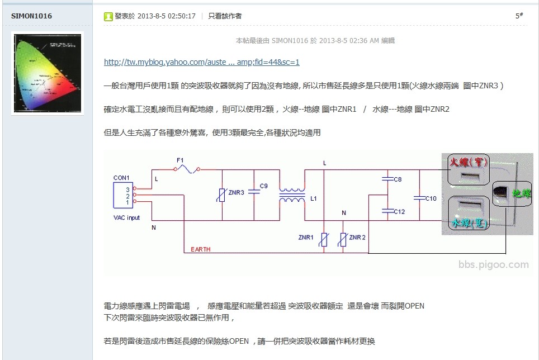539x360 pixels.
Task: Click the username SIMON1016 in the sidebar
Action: pos(31,16)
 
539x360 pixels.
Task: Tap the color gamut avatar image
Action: pos(48,73)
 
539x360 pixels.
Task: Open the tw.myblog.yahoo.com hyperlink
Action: pos(201,62)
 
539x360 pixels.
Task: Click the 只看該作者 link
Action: pos(225,16)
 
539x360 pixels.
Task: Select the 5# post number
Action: pos(519,16)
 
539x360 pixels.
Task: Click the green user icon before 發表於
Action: pos(108,16)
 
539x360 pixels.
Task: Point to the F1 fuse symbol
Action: pos(187,169)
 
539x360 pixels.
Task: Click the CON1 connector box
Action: pos(123,195)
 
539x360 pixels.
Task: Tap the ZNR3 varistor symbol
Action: pos(222,195)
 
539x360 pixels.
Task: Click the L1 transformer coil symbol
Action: pos(292,195)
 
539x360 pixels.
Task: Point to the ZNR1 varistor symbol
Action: pos(324,239)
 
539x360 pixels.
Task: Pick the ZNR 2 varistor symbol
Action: pos(343,239)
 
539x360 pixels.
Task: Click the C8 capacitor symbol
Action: pos(387,179)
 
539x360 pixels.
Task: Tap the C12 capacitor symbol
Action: pos(387,211)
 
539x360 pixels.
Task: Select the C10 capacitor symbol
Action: pos(419,198)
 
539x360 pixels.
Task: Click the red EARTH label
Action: pos(201,249)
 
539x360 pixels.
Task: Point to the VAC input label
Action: pos(126,218)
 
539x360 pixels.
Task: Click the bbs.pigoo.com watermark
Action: pos(493,264)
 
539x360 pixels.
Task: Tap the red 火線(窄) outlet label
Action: pos(469,162)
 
